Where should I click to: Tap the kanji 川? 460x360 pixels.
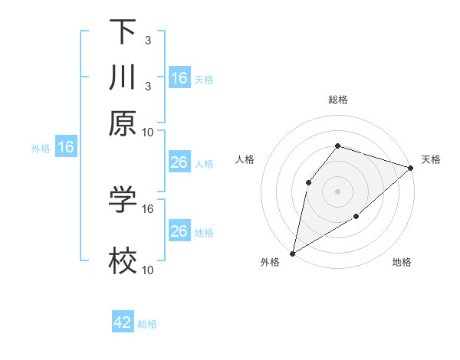(x=123, y=78)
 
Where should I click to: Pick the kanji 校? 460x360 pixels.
(x=123, y=261)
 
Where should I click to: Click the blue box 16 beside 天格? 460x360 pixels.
(x=179, y=78)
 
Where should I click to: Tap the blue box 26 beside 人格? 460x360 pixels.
(x=179, y=162)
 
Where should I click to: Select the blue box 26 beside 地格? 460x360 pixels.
(x=179, y=231)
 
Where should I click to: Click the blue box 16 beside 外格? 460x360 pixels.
(x=66, y=147)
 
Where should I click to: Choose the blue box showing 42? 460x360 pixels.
(x=123, y=322)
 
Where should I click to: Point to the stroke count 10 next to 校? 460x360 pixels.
(x=148, y=270)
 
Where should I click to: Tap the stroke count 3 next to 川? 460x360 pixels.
(x=148, y=86)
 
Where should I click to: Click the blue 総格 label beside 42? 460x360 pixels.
(x=147, y=324)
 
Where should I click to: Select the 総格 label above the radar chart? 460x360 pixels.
(x=338, y=100)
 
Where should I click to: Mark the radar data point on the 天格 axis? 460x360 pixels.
(x=411, y=168)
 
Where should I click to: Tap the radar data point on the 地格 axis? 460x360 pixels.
(x=356, y=217)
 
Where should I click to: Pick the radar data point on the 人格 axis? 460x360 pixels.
(x=308, y=182)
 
